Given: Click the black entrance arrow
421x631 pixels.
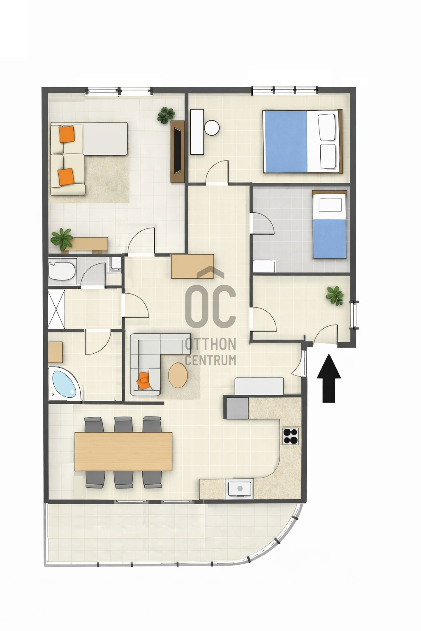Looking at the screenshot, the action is pyautogui.click(x=329, y=379).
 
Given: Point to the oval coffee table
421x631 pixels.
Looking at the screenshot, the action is pyautogui.click(x=178, y=375).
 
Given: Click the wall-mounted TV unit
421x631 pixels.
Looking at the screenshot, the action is pyautogui.click(x=178, y=152).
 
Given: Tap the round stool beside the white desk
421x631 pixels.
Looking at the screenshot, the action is pyautogui.click(x=212, y=128).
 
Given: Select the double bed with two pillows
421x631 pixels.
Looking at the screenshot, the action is pyautogui.click(x=303, y=141).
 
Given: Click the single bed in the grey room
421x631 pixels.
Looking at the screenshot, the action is pyautogui.click(x=329, y=225).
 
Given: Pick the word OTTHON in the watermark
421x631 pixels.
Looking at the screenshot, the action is pyautogui.click(x=210, y=344).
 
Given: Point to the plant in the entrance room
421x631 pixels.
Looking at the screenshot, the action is pyautogui.click(x=334, y=295).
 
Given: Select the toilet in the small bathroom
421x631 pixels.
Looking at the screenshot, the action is pyautogui.click(x=116, y=264).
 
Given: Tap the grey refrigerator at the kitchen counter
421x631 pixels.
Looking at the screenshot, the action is pyautogui.click(x=236, y=408).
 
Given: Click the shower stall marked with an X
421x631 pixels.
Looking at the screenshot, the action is pyautogui.click(x=56, y=309).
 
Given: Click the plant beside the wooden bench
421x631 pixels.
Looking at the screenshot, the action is pyautogui.click(x=62, y=239).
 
